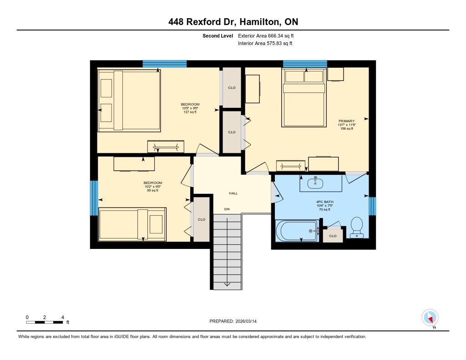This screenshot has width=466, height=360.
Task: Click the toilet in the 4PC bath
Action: (357, 228)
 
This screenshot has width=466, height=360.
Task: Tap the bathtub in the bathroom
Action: (297, 231)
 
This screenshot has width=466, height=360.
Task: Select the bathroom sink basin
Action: (315, 183)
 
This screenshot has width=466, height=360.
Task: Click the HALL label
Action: (233, 193)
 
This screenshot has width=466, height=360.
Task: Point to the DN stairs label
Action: (227, 209)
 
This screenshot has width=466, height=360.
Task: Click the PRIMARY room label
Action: (346, 121)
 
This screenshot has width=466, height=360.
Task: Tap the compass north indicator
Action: (430, 318)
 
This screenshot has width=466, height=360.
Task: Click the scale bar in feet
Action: (45, 322)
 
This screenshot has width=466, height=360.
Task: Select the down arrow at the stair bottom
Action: (227, 284)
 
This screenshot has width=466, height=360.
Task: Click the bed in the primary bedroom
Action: (304, 97)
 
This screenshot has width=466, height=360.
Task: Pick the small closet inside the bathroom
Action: (333, 236)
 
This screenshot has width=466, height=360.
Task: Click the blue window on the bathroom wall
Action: (372, 206)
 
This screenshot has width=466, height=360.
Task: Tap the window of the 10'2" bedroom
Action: (94, 198)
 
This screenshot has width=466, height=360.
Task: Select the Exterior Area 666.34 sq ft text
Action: (266, 35)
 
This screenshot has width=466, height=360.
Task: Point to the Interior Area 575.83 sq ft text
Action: (265, 43)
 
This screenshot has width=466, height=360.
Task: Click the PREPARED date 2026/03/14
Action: (246, 321)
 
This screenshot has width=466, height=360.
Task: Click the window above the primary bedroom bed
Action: (305, 64)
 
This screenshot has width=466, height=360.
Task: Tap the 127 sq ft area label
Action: (190, 112)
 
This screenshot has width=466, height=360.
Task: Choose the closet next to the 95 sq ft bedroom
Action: (202, 219)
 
